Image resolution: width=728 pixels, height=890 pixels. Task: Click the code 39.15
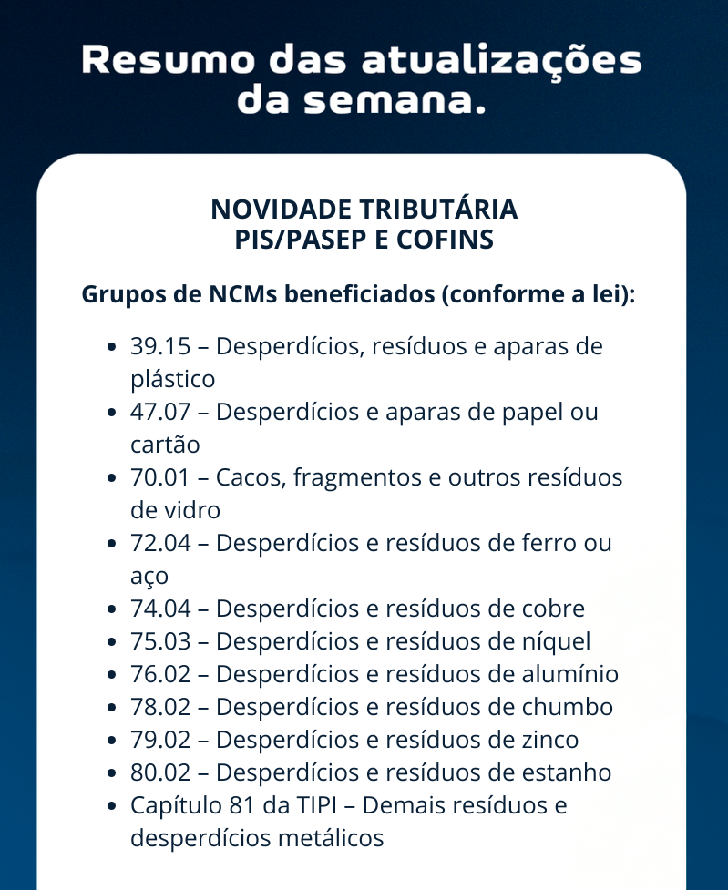coord(160,346)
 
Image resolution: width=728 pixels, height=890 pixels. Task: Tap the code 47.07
coord(160,412)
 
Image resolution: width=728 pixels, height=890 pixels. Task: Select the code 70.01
coord(160,477)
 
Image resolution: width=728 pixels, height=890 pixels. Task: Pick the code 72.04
coord(160,543)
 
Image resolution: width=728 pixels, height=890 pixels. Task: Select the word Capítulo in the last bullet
coord(170,805)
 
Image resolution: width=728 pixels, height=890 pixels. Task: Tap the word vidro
coord(188,510)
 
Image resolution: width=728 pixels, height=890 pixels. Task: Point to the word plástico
coord(172,379)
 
